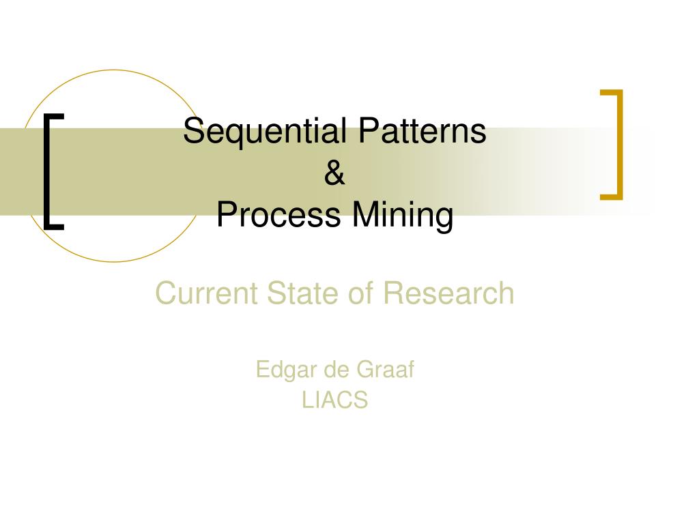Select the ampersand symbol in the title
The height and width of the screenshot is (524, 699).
click(334, 173)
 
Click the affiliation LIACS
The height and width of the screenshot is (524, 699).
click(334, 400)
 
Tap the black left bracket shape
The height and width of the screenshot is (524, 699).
click(48, 171)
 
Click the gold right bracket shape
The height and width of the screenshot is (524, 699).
click(617, 145)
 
